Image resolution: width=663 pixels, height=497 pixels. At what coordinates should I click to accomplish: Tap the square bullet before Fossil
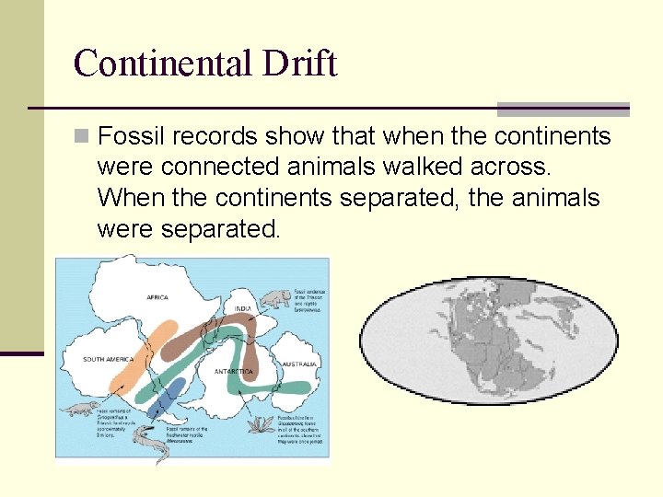(x=83, y=137)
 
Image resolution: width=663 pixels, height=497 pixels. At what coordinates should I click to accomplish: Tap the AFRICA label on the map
(x=157, y=297)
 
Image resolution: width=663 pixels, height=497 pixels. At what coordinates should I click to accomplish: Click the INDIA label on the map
(x=243, y=308)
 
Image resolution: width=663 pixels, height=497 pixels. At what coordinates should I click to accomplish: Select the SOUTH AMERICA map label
(x=109, y=359)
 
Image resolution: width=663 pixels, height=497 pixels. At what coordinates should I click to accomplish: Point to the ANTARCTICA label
(x=234, y=371)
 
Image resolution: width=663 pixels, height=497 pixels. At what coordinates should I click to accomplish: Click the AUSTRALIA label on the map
(x=298, y=364)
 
